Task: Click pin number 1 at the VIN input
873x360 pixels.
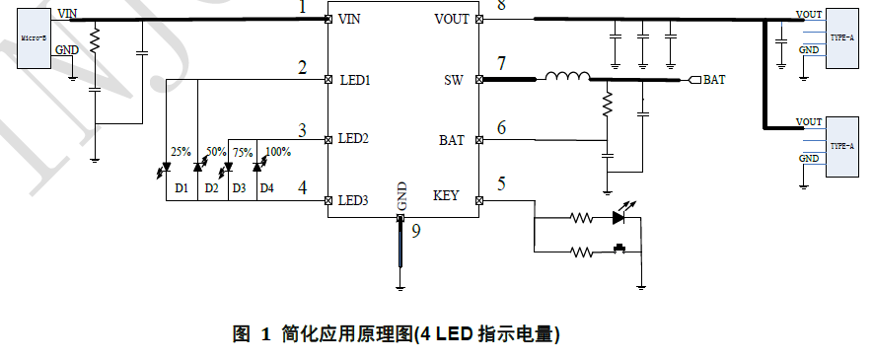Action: [304, 8]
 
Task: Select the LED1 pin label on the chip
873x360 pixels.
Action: [353, 80]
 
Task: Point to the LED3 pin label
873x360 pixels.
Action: [353, 200]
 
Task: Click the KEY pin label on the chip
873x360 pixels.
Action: [446, 196]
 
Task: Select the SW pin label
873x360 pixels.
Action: [454, 79]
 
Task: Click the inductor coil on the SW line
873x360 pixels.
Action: [568, 77]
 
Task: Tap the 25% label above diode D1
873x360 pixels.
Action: [182, 152]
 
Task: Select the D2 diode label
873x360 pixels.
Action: [211, 187]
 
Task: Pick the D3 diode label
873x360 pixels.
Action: [239, 187]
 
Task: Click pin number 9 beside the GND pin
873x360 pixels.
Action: [415, 232]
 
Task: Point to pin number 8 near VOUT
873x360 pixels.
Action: [500, 6]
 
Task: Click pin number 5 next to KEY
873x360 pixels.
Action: [501, 183]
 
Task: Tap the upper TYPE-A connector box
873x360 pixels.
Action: [841, 38]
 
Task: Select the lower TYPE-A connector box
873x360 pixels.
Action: [841, 147]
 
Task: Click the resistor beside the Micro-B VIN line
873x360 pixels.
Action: [95, 40]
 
